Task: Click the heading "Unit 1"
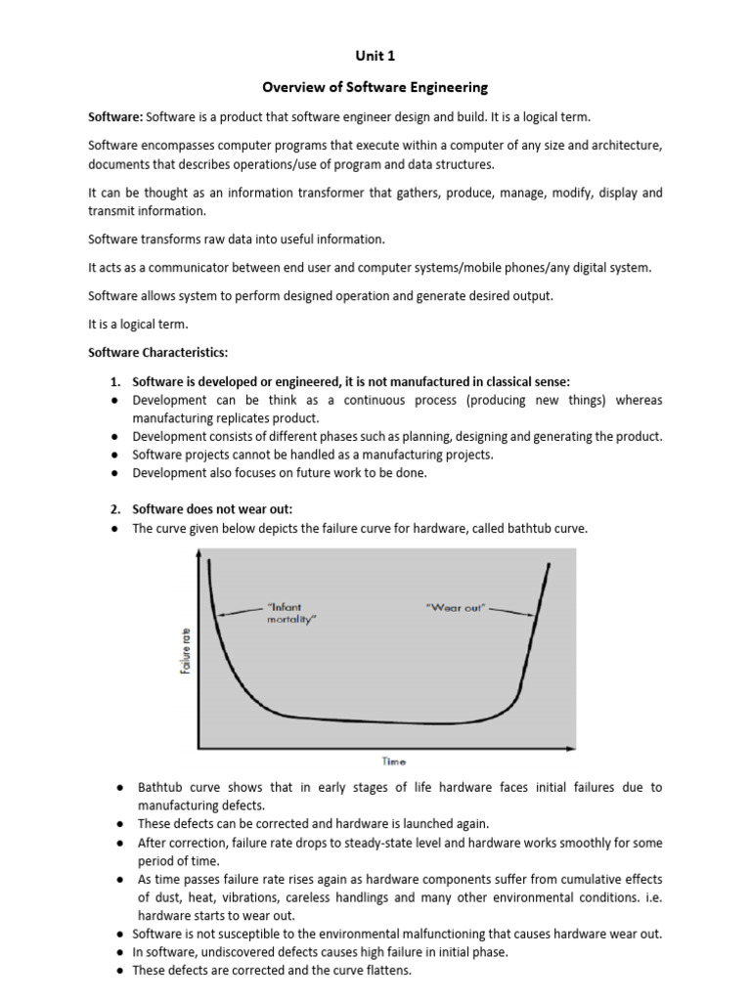click(375, 57)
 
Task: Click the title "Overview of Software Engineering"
click(375, 88)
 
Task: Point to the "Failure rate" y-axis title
click(186, 650)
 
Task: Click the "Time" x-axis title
click(394, 760)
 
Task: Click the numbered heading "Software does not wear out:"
click(212, 508)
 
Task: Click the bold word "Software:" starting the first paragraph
click(116, 117)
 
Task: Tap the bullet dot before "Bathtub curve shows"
click(117, 788)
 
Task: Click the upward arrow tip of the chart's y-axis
click(200, 554)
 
